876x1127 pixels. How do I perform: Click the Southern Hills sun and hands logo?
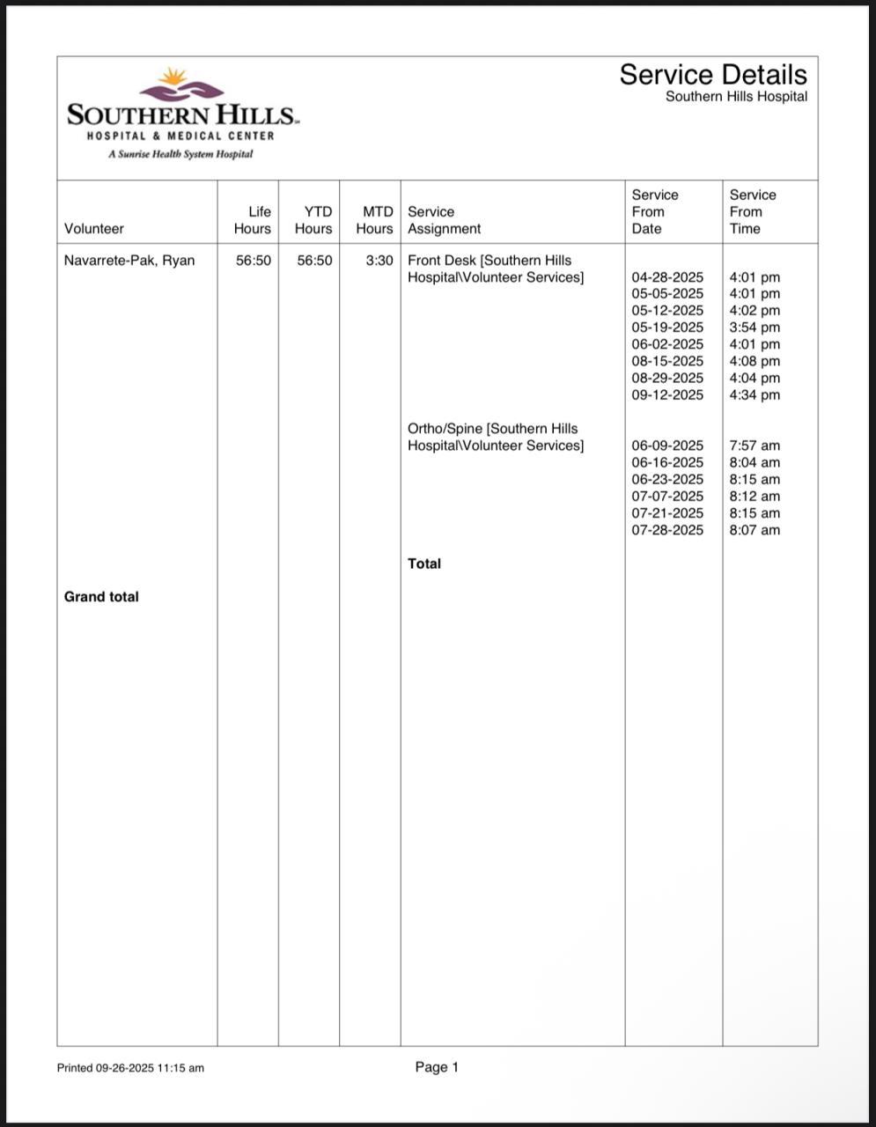pyautogui.click(x=181, y=85)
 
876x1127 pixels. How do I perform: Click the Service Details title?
pyautogui.click(x=712, y=75)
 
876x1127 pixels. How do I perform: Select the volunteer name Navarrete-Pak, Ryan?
pyautogui.click(x=129, y=261)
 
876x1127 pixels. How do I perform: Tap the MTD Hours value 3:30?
pyautogui.click(x=379, y=261)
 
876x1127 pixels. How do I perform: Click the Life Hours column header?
pyautogui.click(x=253, y=220)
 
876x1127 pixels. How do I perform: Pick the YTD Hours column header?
pyautogui.click(x=313, y=220)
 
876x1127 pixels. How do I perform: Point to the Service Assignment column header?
pyautogui.click(x=444, y=220)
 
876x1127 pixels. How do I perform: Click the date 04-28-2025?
pyautogui.click(x=667, y=277)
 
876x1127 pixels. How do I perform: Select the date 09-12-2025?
pyautogui.click(x=667, y=395)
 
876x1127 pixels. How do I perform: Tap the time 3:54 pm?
pyautogui.click(x=755, y=328)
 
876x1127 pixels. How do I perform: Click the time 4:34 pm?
pyautogui.click(x=755, y=395)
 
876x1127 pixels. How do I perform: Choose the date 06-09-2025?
pyautogui.click(x=667, y=446)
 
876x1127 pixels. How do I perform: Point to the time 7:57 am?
pyautogui.click(x=755, y=446)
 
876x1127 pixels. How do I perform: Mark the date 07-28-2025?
pyautogui.click(x=667, y=530)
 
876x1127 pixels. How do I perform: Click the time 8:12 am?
pyautogui.click(x=755, y=497)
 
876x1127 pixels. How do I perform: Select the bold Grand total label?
pyautogui.click(x=101, y=597)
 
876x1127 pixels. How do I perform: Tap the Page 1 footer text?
pyautogui.click(x=437, y=1067)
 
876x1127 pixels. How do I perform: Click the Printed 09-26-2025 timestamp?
pyautogui.click(x=130, y=1068)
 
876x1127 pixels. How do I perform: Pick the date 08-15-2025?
pyautogui.click(x=667, y=361)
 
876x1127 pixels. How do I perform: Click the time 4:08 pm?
pyautogui.click(x=755, y=361)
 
